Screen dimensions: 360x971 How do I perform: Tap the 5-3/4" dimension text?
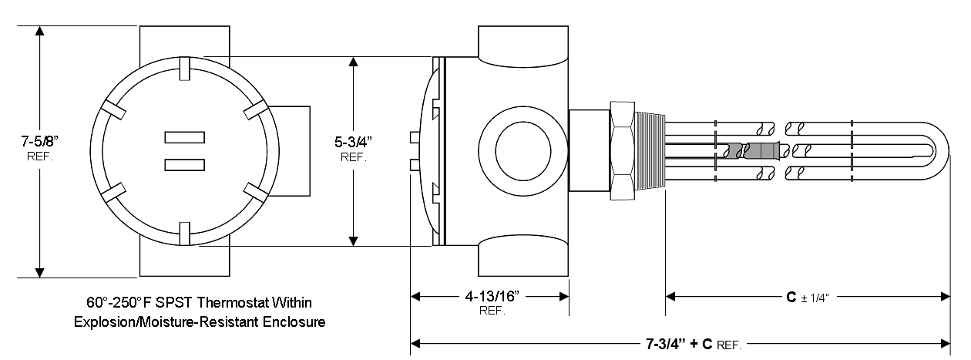coord(353,142)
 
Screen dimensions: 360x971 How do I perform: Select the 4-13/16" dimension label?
coord(490,295)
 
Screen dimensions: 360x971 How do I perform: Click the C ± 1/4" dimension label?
coord(808,295)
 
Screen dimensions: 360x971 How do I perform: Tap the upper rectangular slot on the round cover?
coord(185,137)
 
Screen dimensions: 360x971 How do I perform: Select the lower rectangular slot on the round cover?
coord(185,163)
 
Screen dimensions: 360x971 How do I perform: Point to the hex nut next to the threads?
coord(623,150)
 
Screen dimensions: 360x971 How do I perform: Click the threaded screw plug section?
coord(651,150)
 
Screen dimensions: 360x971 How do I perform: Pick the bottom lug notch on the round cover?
coord(185,232)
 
